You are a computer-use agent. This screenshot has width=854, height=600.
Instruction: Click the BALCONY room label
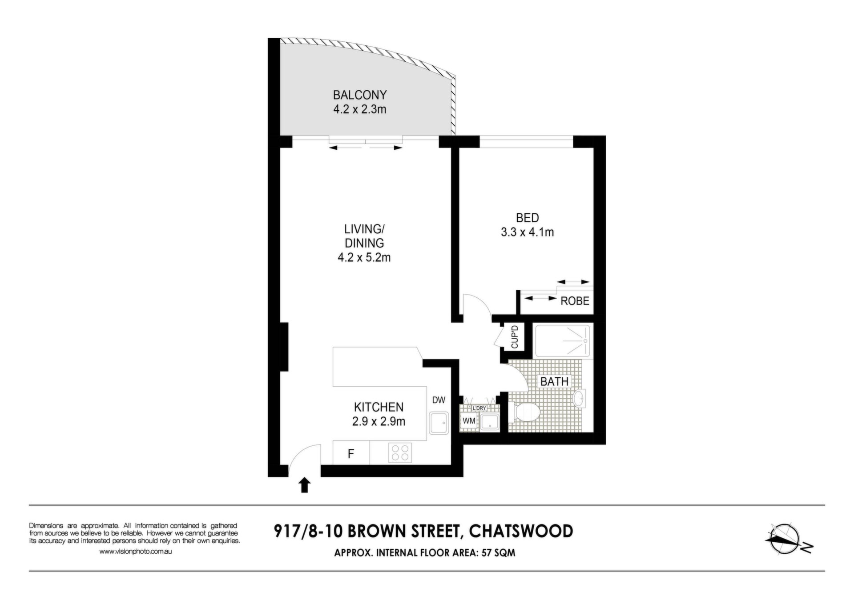(360, 95)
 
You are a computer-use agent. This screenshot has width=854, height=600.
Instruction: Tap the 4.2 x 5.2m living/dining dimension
(364, 257)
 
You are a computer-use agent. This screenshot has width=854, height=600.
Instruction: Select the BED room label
(528, 218)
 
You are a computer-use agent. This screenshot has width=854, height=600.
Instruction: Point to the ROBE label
(575, 301)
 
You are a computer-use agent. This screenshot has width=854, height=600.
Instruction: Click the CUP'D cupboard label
(515, 337)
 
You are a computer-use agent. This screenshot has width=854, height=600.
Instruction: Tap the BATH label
(554, 381)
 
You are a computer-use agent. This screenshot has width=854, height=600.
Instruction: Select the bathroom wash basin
(579, 398)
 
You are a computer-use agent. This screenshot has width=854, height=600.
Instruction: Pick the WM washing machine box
(469, 420)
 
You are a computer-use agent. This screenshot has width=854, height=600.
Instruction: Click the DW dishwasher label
(439, 400)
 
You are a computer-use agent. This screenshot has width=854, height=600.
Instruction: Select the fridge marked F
(351, 454)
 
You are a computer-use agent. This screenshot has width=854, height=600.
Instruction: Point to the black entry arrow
(304, 485)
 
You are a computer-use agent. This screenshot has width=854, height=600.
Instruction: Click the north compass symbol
(788, 539)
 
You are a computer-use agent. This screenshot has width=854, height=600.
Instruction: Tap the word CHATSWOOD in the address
(521, 531)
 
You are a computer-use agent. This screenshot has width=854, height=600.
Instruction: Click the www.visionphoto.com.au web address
(135, 552)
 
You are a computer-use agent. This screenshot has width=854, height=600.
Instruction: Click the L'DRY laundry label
(479, 408)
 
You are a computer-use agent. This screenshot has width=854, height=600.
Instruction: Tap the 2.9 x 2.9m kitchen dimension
(379, 421)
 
